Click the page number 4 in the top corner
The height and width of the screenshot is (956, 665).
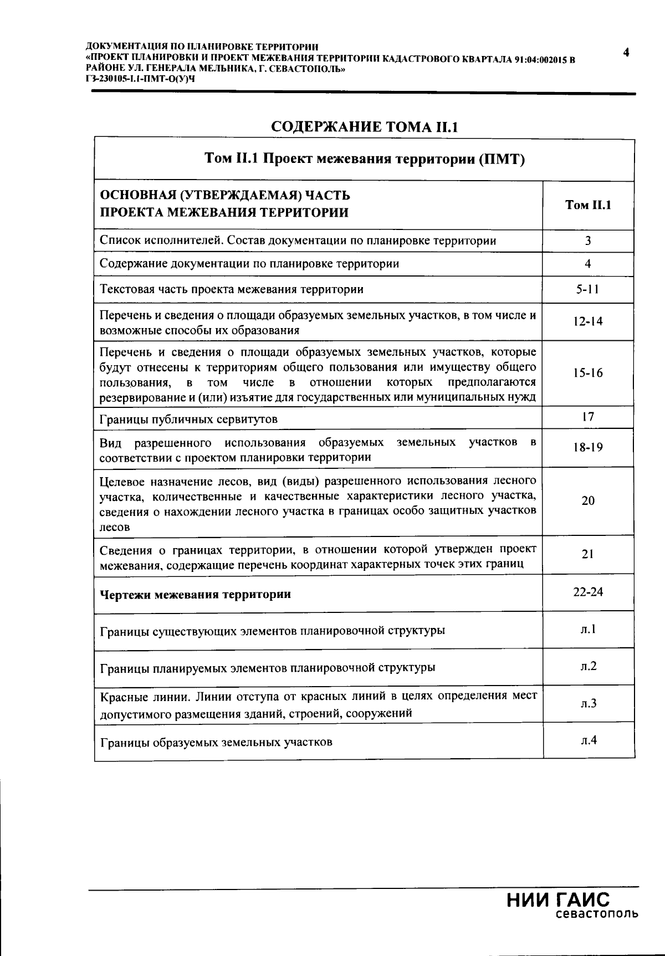[626, 53]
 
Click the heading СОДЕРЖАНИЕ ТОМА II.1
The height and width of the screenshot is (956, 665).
[365, 127]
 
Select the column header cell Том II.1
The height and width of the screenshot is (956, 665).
[588, 205]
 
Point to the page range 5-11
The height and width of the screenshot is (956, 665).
[587, 289]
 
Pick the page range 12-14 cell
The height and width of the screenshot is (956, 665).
[588, 321]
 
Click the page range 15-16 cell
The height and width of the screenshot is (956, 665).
[588, 373]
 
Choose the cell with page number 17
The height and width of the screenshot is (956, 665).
[588, 417]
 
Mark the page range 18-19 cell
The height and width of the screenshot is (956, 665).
[588, 447]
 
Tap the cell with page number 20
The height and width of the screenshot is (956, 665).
[588, 500]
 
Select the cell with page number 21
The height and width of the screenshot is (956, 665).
[588, 554]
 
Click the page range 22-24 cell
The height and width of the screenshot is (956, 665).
[588, 592]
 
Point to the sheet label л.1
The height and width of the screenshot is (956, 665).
[589, 629]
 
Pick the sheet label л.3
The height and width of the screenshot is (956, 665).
[589, 703]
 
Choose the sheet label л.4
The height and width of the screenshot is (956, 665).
[589, 740]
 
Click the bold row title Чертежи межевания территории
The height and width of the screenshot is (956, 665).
[195, 595]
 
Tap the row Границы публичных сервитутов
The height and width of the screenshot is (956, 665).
[188, 419]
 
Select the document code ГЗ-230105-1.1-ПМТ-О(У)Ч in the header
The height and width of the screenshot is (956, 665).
[141, 79]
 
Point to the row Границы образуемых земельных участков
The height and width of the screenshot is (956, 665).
[216, 742]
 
